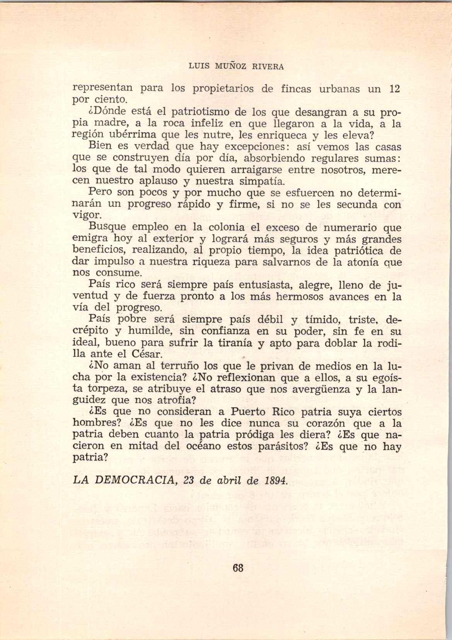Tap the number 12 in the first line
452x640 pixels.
coord(394,89)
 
